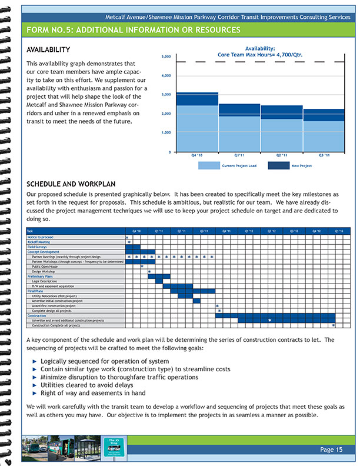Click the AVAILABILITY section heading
click(49, 50)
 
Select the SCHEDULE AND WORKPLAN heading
click(71, 183)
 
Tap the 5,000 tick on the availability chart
click(166, 56)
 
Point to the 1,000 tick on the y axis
click(166, 133)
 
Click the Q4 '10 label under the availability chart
click(197, 155)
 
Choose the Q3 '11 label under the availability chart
click(324, 155)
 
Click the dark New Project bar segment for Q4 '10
click(197, 99)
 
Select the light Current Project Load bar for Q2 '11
click(281, 135)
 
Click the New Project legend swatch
click(278, 166)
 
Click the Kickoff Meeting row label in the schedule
click(39, 242)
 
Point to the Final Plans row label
click(35, 291)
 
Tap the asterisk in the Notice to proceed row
click(127, 237)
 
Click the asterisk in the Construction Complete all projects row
click(333, 325)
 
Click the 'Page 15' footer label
click(331, 450)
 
